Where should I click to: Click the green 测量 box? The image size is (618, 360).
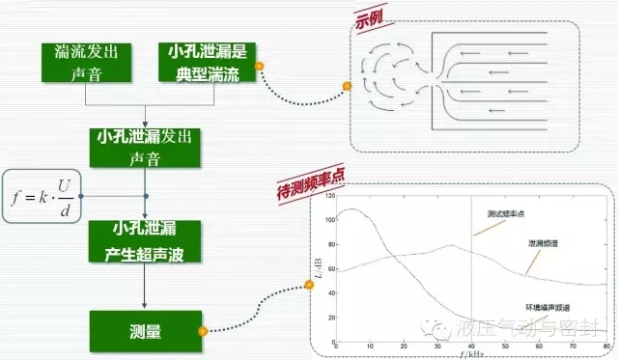145,330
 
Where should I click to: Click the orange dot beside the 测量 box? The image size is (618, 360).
202,331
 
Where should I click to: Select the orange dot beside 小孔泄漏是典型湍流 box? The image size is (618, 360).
260,66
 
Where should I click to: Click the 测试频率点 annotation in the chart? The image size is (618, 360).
506,212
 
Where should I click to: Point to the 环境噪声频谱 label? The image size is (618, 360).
548,305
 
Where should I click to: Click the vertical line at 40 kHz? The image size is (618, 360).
470,280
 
